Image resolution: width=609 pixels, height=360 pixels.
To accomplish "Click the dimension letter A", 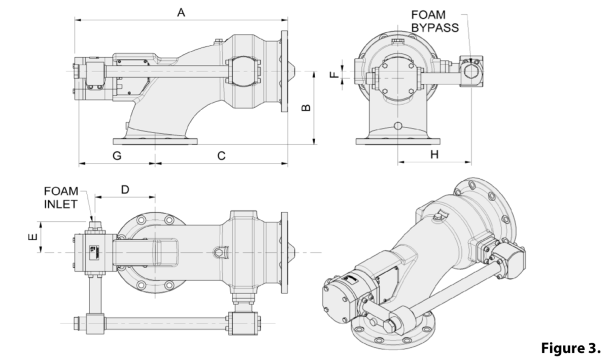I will (x=180, y=13).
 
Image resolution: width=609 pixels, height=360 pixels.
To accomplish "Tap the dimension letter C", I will (x=221, y=156).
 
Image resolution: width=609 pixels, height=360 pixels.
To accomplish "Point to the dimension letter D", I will (x=125, y=189).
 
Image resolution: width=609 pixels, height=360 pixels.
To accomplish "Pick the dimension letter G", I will (x=117, y=156).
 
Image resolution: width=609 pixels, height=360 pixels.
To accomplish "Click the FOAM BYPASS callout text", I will (x=434, y=21).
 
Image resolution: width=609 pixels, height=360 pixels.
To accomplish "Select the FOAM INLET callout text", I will (x=61, y=198).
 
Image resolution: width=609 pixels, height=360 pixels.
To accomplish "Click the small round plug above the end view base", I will (x=398, y=125).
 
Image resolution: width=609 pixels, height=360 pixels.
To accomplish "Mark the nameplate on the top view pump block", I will (x=93, y=251).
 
